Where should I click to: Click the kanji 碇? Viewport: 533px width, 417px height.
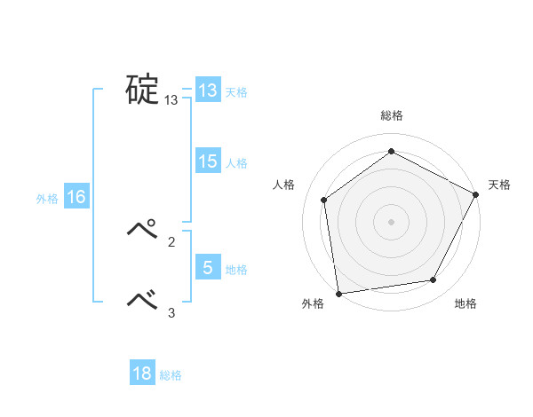click(141, 90)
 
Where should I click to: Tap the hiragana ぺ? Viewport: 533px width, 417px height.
click(141, 229)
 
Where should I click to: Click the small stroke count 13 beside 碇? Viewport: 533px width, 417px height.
click(171, 101)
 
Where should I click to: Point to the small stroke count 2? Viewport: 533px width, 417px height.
click(171, 240)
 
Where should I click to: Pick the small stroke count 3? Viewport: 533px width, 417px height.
click(171, 311)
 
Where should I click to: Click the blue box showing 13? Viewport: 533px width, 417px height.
click(208, 90)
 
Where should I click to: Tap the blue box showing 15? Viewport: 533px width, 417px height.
click(208, 161)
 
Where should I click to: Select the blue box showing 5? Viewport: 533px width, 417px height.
click(208, 268)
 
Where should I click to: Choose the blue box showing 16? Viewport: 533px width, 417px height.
click(76, 197)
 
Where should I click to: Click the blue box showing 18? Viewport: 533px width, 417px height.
click(142, 374)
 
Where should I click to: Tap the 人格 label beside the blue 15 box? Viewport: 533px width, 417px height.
click(236, 163)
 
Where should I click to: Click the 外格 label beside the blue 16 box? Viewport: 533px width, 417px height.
click(47, 199)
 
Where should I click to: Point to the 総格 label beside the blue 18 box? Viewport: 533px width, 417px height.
click(171, 375)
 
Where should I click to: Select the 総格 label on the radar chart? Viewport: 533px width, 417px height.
click(391, 115)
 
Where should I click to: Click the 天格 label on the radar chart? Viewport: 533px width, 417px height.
click(500, 185)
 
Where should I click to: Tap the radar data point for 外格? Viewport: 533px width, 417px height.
click(338, 293)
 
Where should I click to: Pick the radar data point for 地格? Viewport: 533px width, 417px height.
click(434, 280)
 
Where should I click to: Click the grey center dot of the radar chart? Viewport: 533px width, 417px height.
click(391, 221)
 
